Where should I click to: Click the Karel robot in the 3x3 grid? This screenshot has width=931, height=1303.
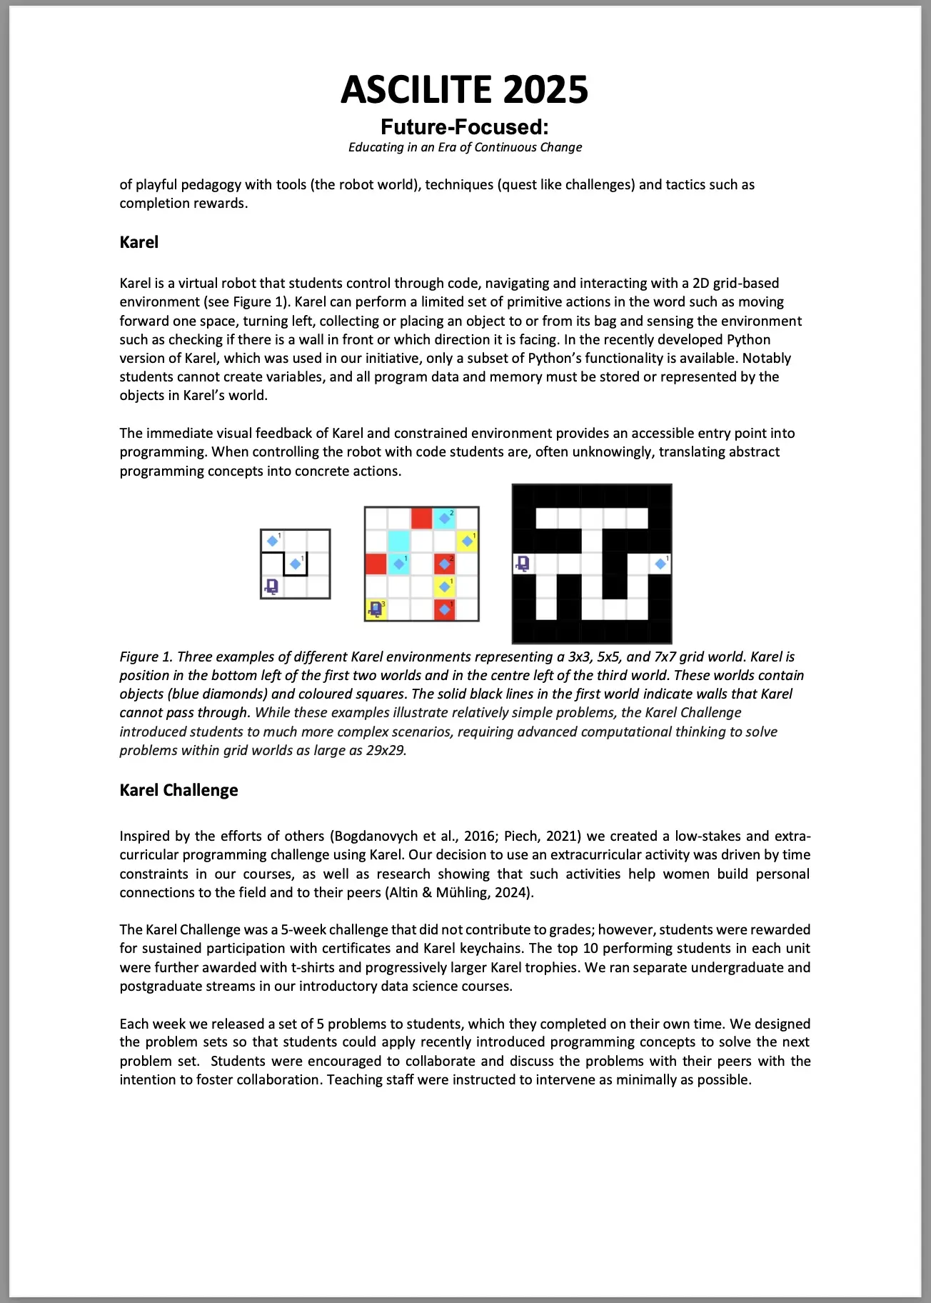[271, 586]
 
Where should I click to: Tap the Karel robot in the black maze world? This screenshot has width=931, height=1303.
[523, 564]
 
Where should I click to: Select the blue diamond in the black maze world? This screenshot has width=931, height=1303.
[660, 564]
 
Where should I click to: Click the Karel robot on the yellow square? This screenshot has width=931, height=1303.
[376, 609]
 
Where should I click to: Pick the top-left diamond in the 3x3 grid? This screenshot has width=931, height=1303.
[272, 541]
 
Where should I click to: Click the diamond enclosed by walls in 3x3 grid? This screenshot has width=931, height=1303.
[295, 564]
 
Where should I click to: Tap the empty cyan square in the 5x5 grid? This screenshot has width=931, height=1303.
[398, 541]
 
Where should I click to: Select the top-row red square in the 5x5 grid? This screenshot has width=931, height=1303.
[421, 518]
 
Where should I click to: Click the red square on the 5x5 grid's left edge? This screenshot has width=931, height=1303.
[376, 564]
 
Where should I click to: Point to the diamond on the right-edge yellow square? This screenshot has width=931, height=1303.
[467, 541]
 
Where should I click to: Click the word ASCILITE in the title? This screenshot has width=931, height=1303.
[417, 90]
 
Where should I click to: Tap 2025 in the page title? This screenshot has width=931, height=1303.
[545, 90]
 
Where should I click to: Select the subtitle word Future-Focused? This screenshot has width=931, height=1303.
[465, 127]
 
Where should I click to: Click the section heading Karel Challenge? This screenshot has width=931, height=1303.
[178, 790]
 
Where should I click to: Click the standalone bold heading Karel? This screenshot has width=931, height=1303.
[139, 242]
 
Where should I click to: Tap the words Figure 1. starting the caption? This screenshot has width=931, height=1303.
[146, 657]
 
